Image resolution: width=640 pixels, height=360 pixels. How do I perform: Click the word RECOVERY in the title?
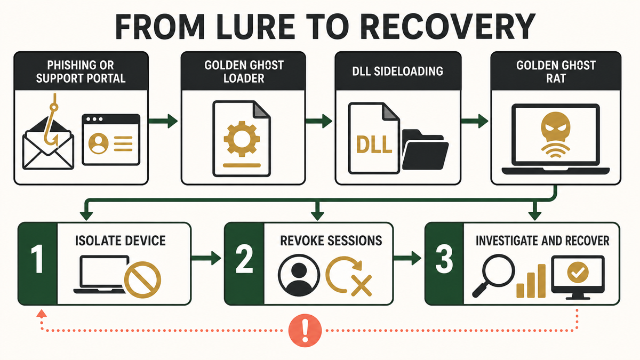[446, 27]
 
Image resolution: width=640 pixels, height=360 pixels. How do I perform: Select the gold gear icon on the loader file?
[242, 139]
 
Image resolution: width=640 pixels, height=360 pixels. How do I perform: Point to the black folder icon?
[425, 149]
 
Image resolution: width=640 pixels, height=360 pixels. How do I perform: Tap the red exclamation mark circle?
[305, 331]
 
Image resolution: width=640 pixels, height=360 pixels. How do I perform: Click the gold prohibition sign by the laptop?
[142, 280]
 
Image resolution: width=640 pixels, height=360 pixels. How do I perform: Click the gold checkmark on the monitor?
[578, 273]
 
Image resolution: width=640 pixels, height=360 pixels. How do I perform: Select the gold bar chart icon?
[531, 281]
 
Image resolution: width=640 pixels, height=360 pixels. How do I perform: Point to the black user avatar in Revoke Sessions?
[299, 275]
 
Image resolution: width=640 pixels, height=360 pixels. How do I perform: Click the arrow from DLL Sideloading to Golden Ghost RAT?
[475, 121]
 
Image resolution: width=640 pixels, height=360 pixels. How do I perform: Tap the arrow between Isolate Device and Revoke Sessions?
[206, 258]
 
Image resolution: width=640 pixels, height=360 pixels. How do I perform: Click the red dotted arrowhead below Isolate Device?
[42, 314]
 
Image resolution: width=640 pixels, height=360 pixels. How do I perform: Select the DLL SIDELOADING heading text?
[397, 71]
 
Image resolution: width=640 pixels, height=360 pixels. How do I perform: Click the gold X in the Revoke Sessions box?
[362, 285]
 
